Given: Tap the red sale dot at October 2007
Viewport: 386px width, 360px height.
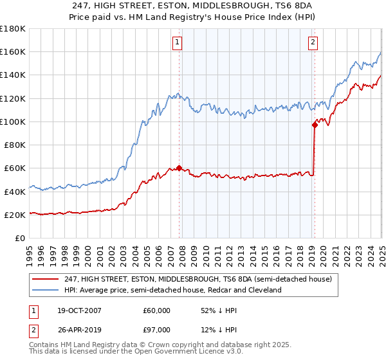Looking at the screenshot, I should coord(179,168).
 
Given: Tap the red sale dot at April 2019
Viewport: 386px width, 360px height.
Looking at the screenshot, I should coord(315,125).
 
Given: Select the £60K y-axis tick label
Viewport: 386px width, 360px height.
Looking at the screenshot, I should coord(15,168).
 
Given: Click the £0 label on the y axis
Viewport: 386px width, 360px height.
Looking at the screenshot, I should coord(20,238).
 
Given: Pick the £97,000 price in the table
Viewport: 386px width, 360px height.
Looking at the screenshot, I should coord(156,330).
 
